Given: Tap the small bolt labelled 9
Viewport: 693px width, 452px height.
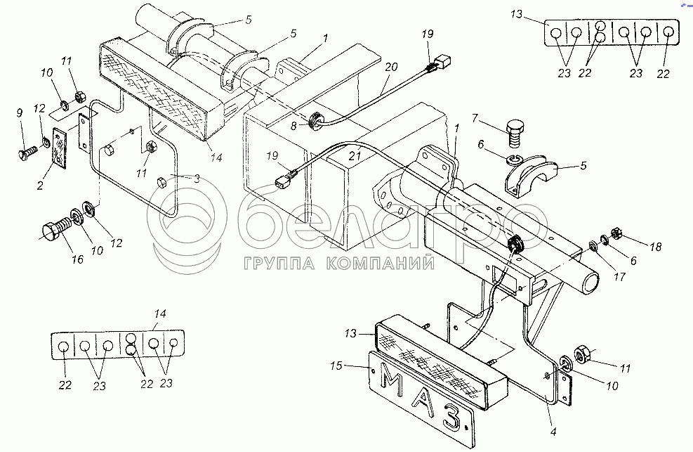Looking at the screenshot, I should tap(29, 150).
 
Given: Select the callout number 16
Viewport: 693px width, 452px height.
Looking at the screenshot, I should tap(77, 260).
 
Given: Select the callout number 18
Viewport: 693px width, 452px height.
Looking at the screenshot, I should tap(654, 247).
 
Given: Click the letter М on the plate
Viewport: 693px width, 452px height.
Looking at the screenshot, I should tap(392, 381).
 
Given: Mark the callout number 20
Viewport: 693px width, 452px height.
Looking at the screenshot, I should tap(391, 67).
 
